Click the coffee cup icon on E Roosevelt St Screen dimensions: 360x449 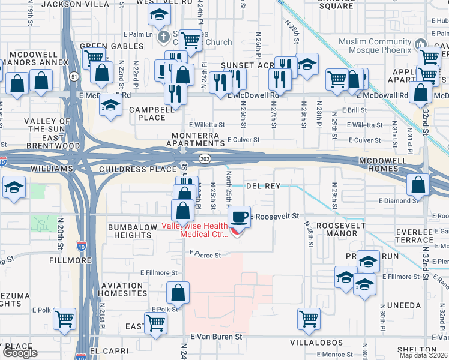click(240, 215)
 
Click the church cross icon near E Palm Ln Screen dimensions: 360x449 click(163, 37)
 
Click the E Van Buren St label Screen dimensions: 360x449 click(216, 337)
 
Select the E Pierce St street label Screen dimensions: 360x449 click(205, 254)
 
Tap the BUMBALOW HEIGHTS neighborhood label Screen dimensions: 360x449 click(130, 231)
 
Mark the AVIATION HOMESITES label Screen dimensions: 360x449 click(124, 289)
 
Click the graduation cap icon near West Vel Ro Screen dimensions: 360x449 click(159, 13)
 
